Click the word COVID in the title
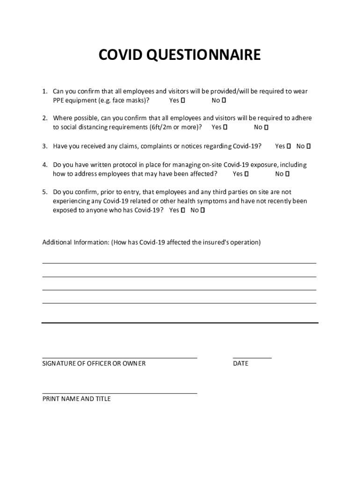[121, 56]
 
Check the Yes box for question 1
[183, 101]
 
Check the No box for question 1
[224, 101]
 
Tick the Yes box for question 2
[225, 127]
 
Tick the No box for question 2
[266, 127]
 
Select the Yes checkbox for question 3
[288, 146]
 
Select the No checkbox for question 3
[309, 146]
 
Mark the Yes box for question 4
[246, 174]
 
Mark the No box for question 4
[288, 174]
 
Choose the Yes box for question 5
[182, 210]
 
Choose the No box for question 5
[202, 210]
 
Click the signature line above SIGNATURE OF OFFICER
[119, 358]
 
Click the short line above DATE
[252, 358]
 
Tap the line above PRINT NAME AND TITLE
[119, 393]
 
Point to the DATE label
[241, 363]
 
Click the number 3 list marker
[44, 146]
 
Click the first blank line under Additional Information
[179, 263]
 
